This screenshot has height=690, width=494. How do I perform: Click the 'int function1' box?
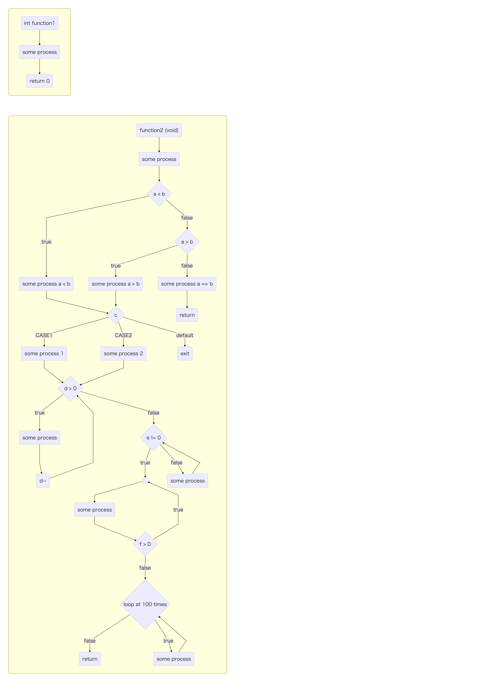tap(40, 23)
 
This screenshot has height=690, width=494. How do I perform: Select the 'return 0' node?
tap(40, 81)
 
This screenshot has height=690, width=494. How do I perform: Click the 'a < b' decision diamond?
tap(159, 194)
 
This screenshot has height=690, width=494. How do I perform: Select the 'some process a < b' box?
tap(46, 284)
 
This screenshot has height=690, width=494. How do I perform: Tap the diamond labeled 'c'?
tap(116, 315)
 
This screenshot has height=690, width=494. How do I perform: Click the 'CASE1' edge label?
tap(44, 335)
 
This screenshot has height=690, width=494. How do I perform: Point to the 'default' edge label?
tap(185, 335)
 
